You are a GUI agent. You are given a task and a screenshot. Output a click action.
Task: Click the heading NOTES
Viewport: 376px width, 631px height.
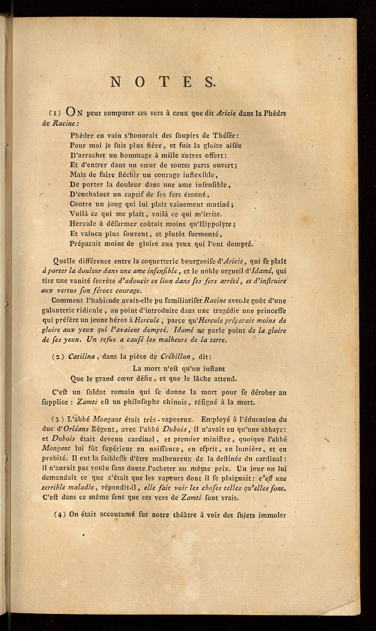click(163, 82)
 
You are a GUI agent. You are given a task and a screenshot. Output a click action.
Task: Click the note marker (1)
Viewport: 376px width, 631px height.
click(55, 114)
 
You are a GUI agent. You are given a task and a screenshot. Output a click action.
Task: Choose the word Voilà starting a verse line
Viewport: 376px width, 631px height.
click(78, 214)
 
